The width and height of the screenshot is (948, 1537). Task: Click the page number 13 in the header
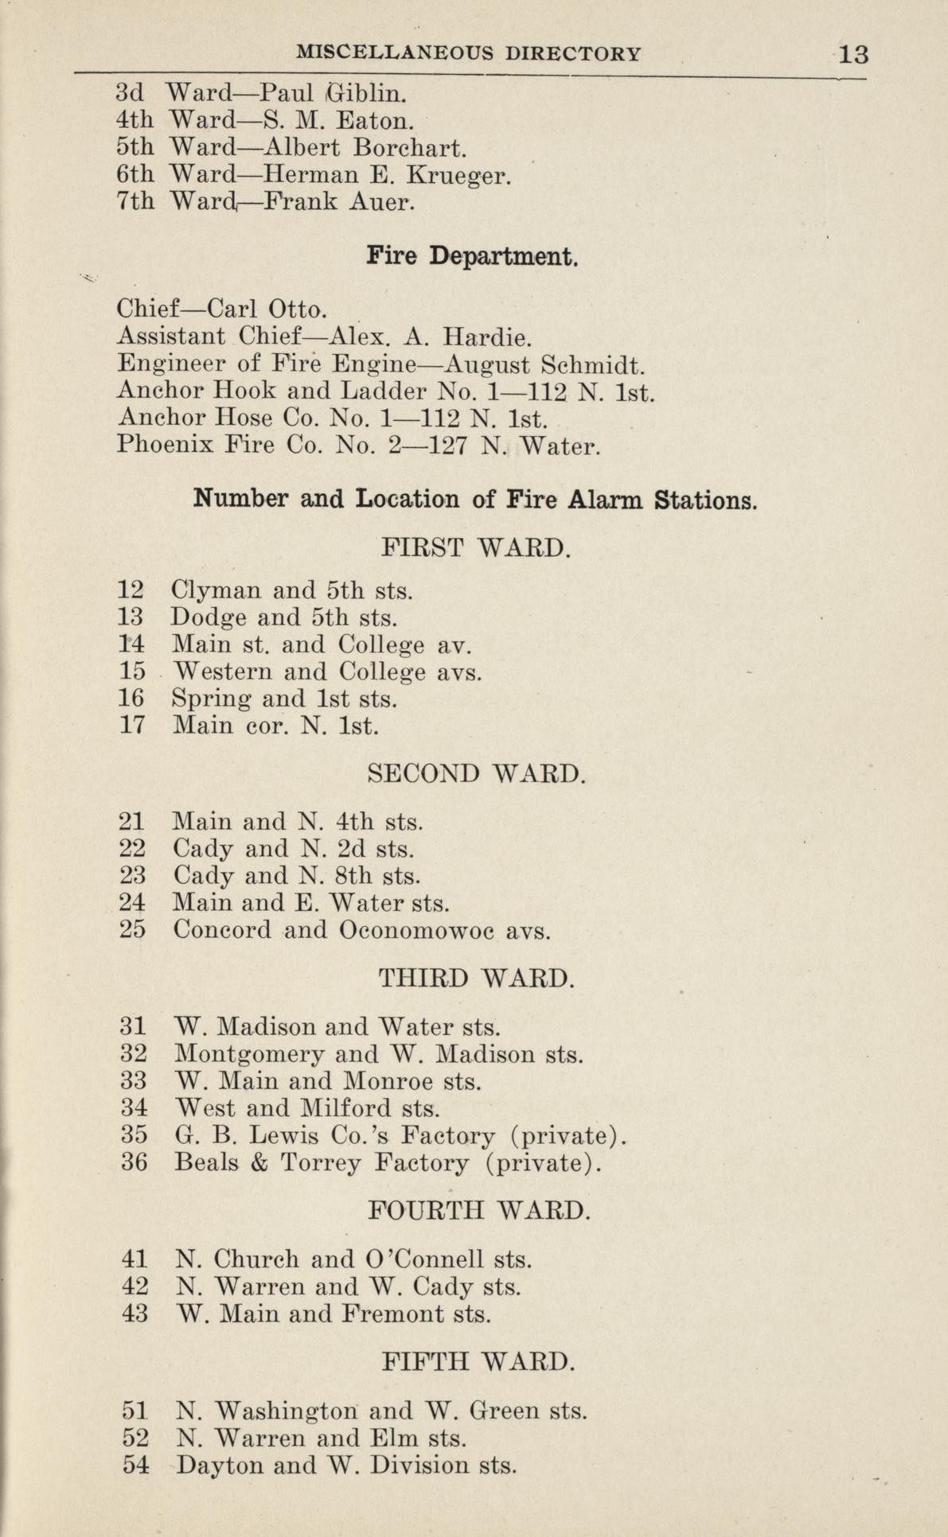852,54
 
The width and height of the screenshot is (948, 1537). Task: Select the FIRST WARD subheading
476,548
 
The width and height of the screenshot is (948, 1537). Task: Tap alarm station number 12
131,591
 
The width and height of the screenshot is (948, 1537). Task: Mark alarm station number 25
133,929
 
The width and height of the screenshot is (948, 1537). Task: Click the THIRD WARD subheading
476,977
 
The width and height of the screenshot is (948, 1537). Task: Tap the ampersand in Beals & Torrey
259,1162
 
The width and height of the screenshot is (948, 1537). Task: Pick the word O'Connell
424,1259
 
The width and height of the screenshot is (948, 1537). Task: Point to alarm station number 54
136,1465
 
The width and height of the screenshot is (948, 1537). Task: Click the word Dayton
219,1465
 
